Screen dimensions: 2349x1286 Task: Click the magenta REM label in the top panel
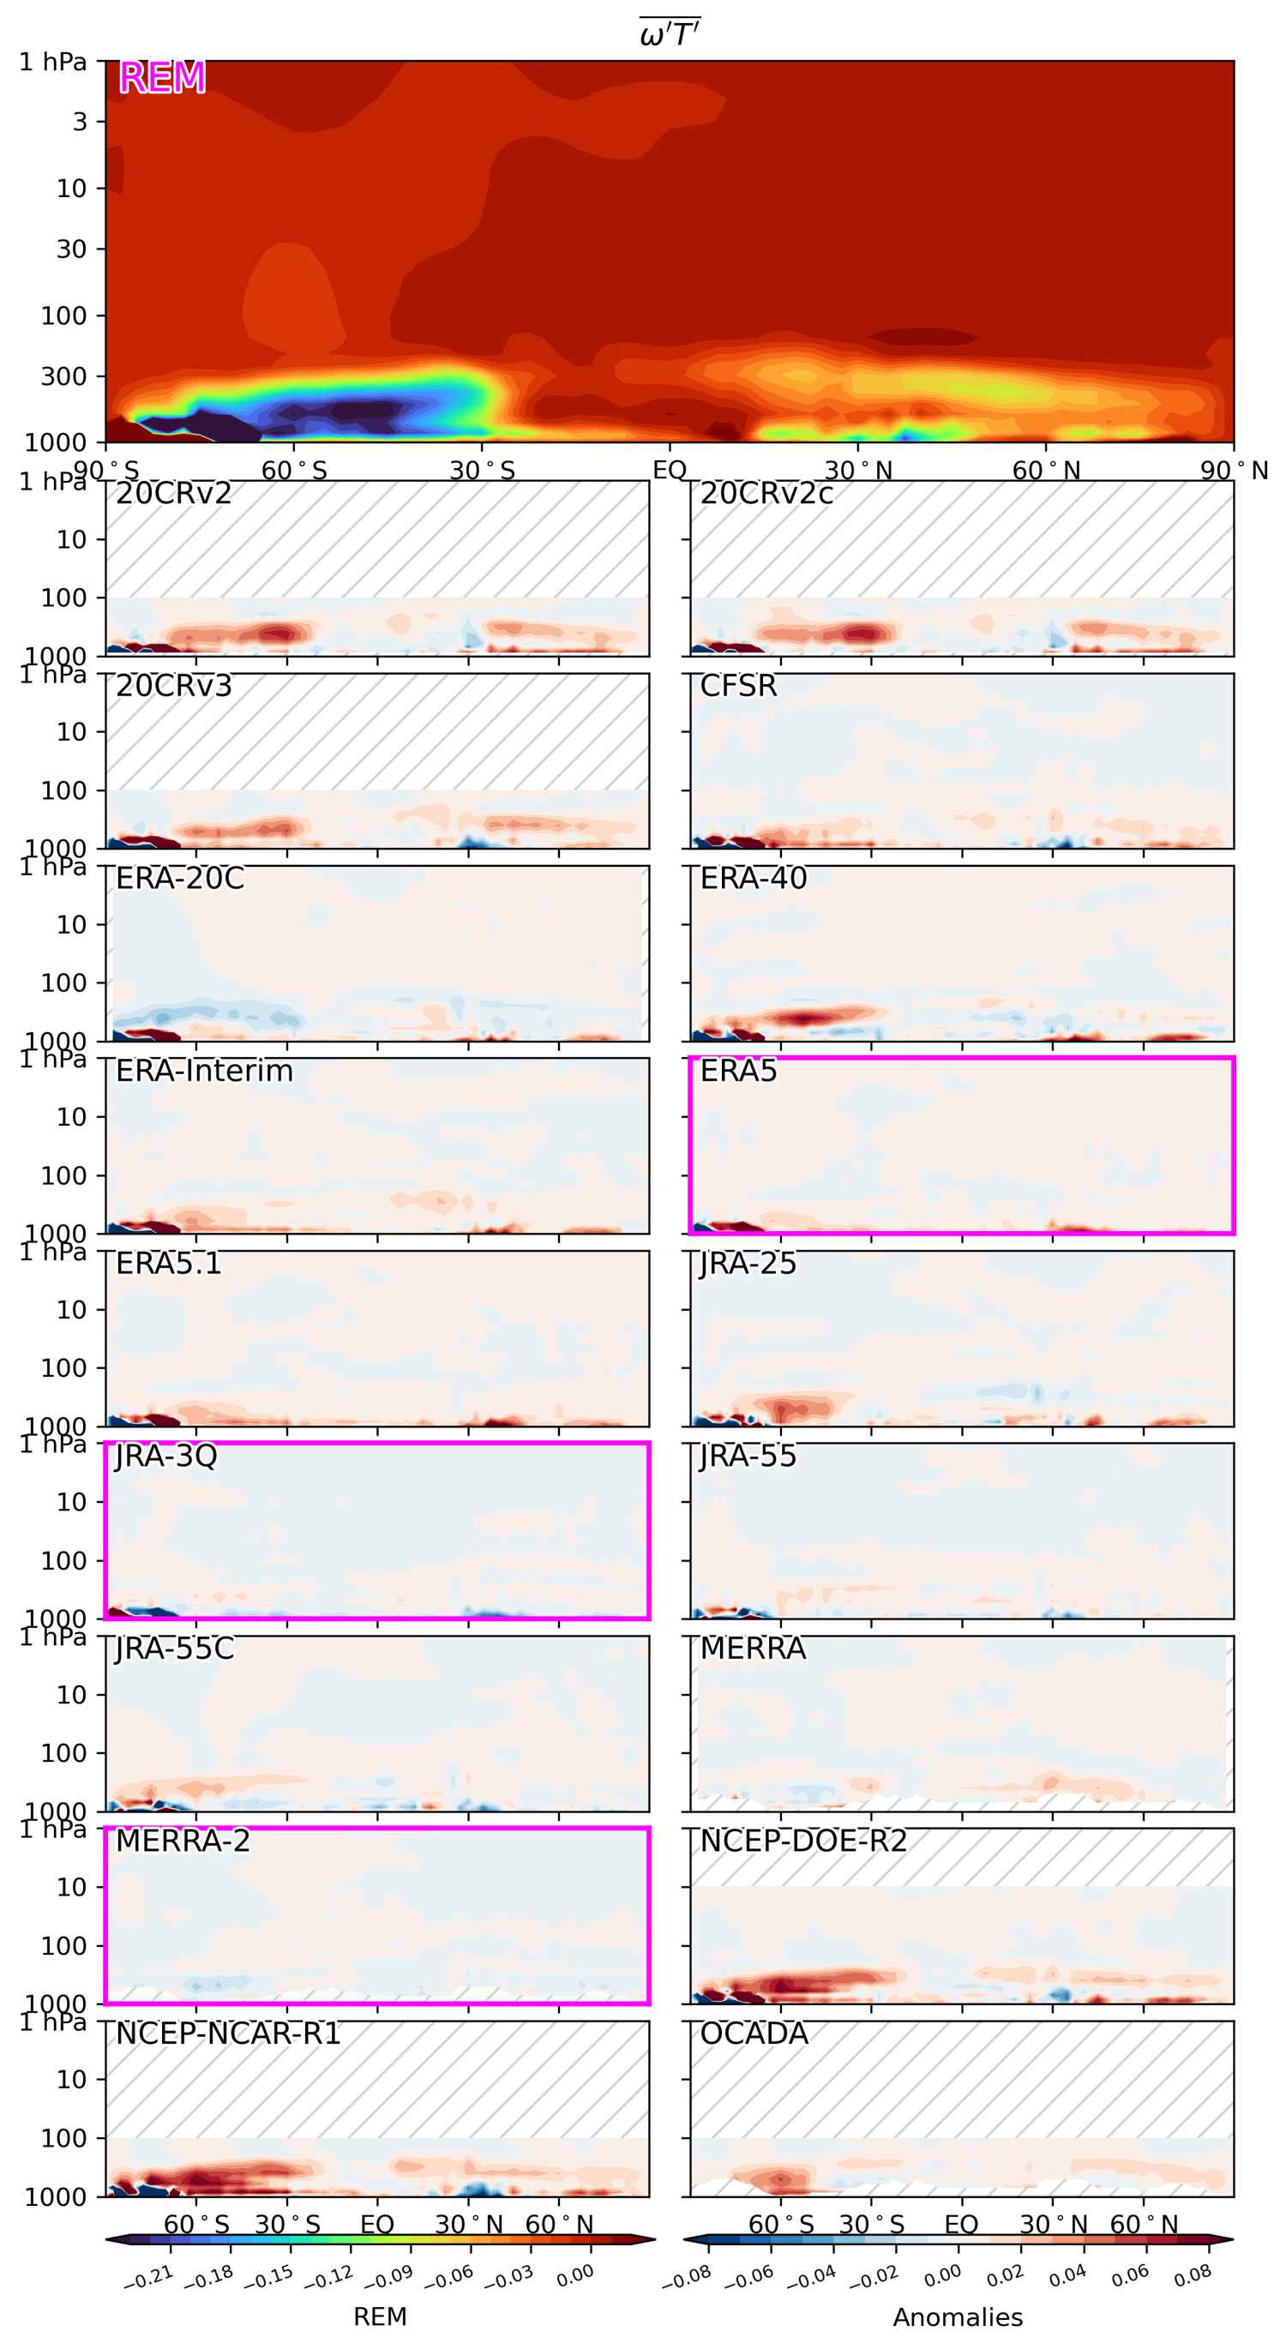point(162,77)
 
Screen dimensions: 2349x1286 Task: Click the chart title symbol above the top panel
point(670,33)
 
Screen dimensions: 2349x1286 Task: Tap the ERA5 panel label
point(738,1071)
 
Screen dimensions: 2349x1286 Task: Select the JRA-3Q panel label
point(166,1456)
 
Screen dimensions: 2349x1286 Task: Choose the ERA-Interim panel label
point(204,1071)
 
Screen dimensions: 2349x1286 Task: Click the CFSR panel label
point(738,686)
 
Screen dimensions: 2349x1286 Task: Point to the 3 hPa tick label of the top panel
point(80,121)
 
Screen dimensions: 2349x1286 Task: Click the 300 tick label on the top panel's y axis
point(63,375)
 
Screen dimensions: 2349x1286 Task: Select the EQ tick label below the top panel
point(670,471)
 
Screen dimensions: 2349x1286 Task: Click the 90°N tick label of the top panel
point(1233,471)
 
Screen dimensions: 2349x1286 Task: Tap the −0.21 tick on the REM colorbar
point(147,2277)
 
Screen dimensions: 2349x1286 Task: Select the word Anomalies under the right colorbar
point(958,2317)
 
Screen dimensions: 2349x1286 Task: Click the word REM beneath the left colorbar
point(381,2317)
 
